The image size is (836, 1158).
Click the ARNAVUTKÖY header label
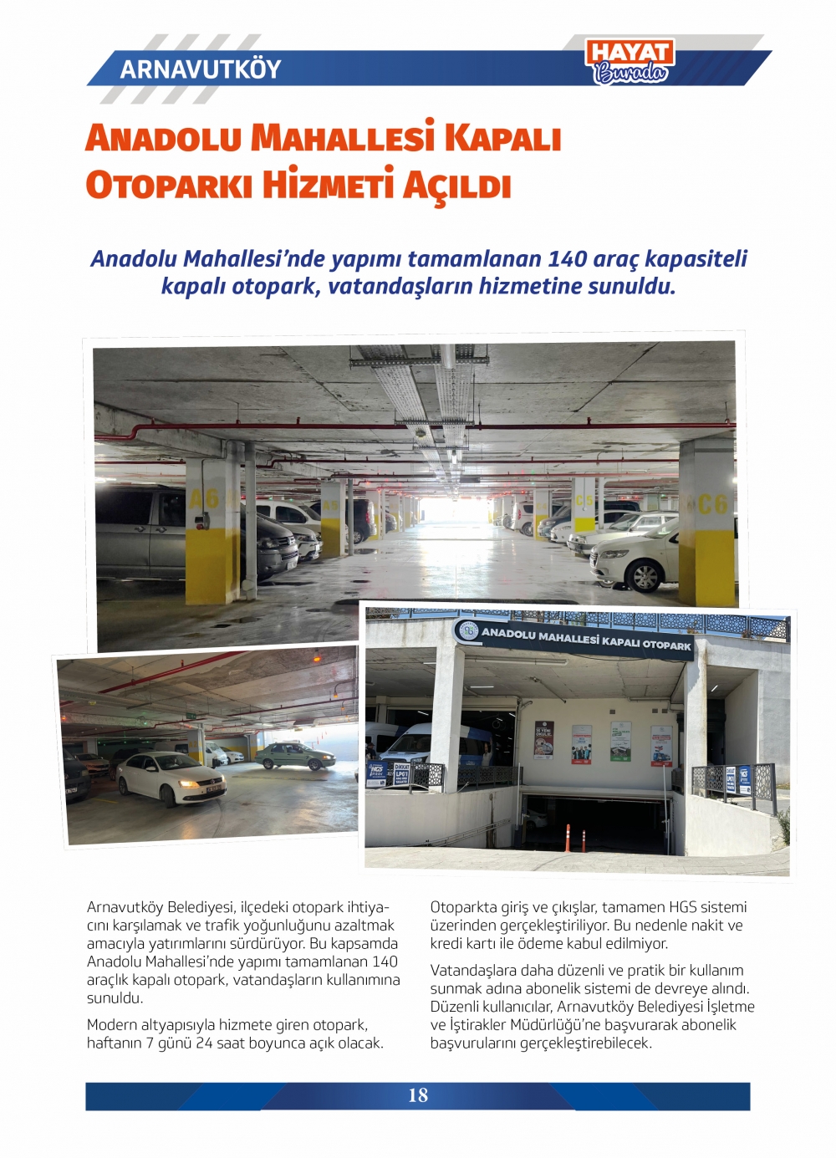[201, 69]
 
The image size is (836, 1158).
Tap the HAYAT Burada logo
[630, 62]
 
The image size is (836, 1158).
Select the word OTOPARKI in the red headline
[169, 185]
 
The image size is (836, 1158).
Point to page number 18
[418, 1095]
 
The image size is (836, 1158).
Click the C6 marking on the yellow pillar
[711, 504]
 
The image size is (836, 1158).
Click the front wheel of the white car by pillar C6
[645, 576]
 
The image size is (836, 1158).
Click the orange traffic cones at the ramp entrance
[575, 839]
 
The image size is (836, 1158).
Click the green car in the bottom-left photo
[295, 756]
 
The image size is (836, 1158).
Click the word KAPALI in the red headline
[502, 138]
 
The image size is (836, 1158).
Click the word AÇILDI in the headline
[456, 185]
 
